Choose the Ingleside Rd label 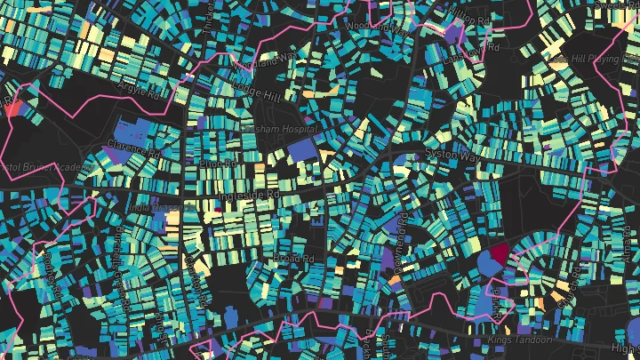(250, 193)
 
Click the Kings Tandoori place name (520, 340)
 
